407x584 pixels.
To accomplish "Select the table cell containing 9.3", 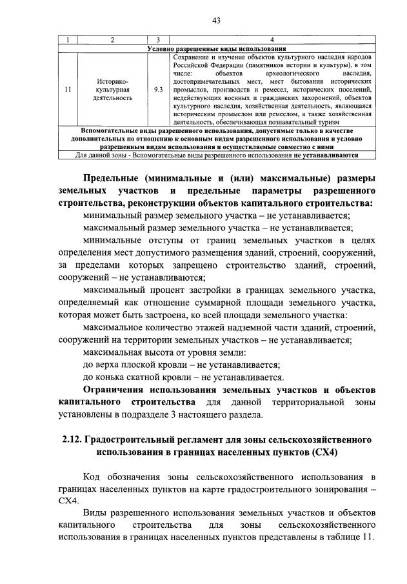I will tap(158, 90).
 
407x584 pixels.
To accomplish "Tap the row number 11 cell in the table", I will tap(68, 90).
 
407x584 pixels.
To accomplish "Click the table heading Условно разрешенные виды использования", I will tap(216, 49).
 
